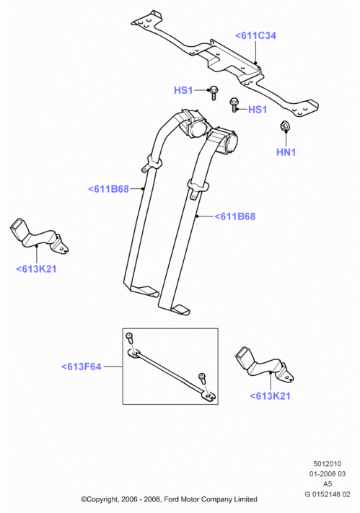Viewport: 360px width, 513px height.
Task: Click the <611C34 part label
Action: click(255, 35)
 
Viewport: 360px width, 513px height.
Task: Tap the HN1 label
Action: click(286, 152)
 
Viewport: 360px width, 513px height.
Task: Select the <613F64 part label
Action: click(82, 367)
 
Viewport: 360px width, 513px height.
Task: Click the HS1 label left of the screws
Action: click(183, 90)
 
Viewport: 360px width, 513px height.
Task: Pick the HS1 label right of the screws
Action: click(258, 109)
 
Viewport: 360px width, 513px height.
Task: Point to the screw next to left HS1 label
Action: click(214, 92)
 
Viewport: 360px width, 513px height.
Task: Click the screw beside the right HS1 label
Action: click(234, 105)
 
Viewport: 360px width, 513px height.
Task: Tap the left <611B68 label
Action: click(108, 189)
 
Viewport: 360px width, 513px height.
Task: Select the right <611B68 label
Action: click(234, 216)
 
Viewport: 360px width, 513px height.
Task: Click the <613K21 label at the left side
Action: click(36, 269)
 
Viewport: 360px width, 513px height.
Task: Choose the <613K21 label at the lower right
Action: click(271, 396)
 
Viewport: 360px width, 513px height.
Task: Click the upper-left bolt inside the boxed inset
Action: click(130, 338)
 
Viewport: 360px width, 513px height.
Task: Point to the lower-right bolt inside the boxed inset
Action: click(203, 379)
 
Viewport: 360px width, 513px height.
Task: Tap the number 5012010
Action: click(328, 464)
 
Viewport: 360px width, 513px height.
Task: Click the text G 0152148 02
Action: click(328, 494)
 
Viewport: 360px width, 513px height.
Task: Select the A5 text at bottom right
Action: click(328, 484)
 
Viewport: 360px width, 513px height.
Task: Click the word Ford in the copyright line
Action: click(171, 499)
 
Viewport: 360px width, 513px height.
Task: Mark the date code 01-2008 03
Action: click(328, 474)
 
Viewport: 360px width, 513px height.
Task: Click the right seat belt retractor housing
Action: click(225, 141)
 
